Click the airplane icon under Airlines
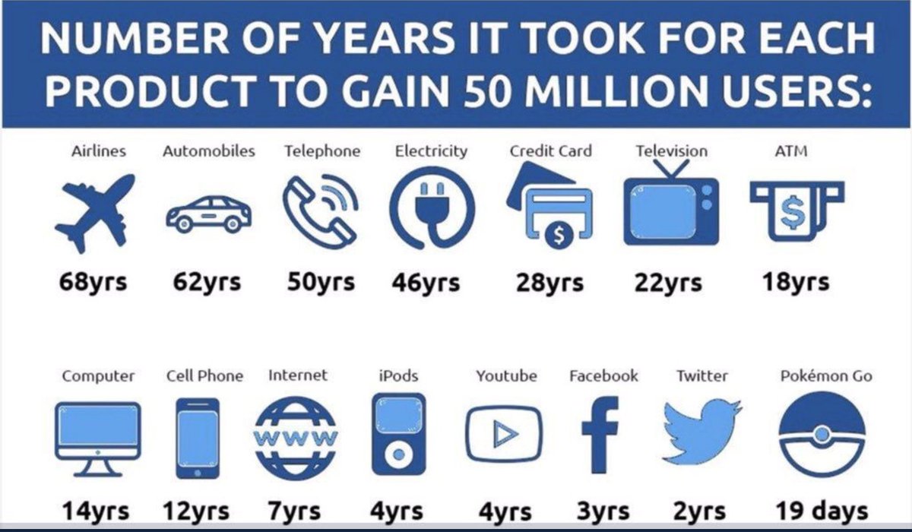(x=93, y=211)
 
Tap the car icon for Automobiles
(x=208, y=214)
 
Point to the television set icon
(x=670, y=209)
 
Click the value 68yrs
(x=93, y=283)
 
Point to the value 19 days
(x=822, y=510)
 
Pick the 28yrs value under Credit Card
(x=549, y=283)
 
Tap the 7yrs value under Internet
(x=294, y=511)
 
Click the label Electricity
(x=431, y=151)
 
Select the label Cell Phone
(x=204, y=375)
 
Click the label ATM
(x=791, y=151)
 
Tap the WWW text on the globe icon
(x=295, y=437)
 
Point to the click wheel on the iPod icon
(x=397, y=455)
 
